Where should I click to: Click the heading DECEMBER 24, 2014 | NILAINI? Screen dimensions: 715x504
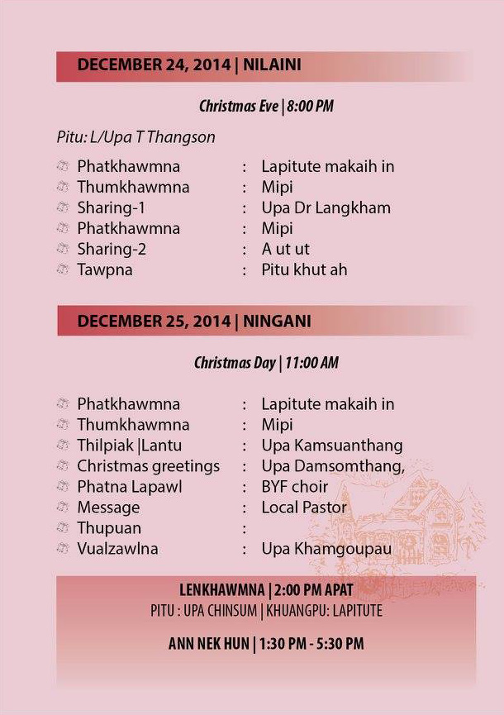tap(188, 65)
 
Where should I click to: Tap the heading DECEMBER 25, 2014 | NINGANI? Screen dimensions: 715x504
tap(194, 321)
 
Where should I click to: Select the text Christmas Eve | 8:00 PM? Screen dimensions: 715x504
tap(266, 106)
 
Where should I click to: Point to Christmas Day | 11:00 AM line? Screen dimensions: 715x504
tap(266, 363)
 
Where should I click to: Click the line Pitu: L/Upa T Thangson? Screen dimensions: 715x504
tap(136, 137)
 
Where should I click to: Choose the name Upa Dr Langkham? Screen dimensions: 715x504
tap(326, 207)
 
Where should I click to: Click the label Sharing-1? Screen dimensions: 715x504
tap(111, 207)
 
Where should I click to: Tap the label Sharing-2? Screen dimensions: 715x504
tap(112, 249)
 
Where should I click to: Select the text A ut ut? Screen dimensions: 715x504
tap(285, 249)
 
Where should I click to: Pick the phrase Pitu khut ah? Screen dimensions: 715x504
tap(304, 269)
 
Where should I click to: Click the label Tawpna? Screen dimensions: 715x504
tap(105, 269)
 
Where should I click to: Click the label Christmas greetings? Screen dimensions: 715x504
tap(149, 466)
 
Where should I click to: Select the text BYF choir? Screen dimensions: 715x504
tap(295, 487)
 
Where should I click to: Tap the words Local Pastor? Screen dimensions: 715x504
tap(304, 508)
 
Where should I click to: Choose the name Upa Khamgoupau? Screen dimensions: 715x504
tap(326, 549)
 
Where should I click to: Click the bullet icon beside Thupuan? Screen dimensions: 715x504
tap(62, 528)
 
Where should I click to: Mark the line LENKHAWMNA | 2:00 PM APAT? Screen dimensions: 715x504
tap(266, 590)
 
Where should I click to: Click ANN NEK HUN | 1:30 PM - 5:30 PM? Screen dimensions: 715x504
tap(266, 643)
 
